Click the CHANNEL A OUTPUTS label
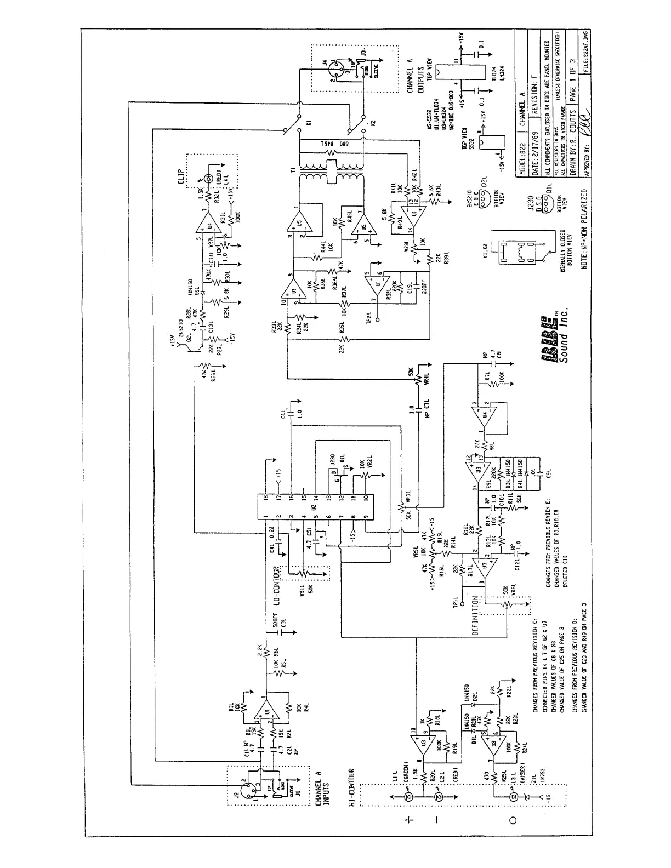click(x=414, y=80)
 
